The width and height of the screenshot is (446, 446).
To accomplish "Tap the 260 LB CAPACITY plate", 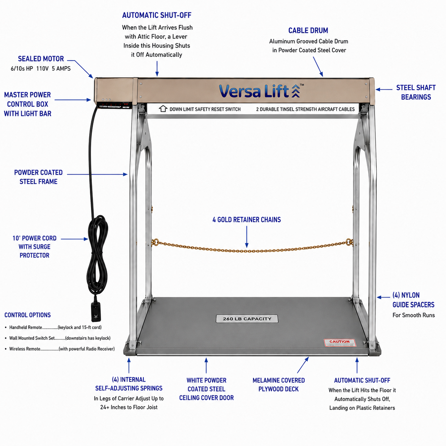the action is point(247,319).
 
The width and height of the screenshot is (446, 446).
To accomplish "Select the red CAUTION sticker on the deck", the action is point(340,343).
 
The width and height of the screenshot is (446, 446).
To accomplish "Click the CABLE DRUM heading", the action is point(308,31).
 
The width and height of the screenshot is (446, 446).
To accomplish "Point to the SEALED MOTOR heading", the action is point(41,59).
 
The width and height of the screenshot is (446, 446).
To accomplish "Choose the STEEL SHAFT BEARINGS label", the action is point(416,92).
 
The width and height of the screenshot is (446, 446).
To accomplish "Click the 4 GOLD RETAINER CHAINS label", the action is point(247,220).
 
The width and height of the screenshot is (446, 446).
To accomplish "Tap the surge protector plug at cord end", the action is point(96,311).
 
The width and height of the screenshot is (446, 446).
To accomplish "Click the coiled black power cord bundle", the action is point(98,255).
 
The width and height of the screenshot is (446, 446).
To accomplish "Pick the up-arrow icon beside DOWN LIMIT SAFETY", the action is point(163,109).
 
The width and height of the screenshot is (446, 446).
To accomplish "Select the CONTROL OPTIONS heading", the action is point(27,315).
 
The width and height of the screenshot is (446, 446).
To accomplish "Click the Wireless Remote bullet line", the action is point(60,349).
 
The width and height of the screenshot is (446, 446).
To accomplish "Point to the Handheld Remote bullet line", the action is point(53,327).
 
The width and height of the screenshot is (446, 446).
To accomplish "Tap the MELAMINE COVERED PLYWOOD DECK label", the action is point(279,385).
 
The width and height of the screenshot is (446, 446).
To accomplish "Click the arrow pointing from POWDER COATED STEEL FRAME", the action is point(97,174).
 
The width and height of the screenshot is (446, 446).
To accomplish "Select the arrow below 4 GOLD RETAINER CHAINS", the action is point(247,237).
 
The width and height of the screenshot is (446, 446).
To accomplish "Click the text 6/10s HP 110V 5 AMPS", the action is point(40,69).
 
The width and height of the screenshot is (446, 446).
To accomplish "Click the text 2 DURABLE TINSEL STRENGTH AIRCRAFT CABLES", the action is point(305,109).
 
